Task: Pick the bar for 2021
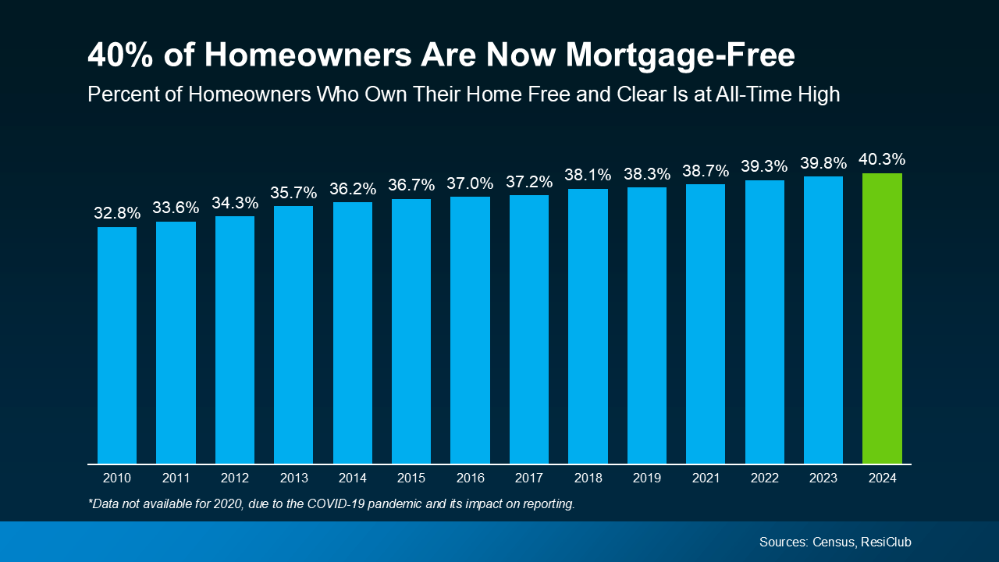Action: pos(706,324)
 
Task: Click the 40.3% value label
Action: pos(882,159)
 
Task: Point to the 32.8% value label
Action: pos(117,213)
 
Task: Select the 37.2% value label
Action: pos(529,182)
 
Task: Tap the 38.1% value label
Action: pos(588,175)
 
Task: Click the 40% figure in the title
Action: pos(116,55)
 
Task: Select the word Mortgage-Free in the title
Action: pos(680,55)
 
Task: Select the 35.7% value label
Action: pos(293,192)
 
